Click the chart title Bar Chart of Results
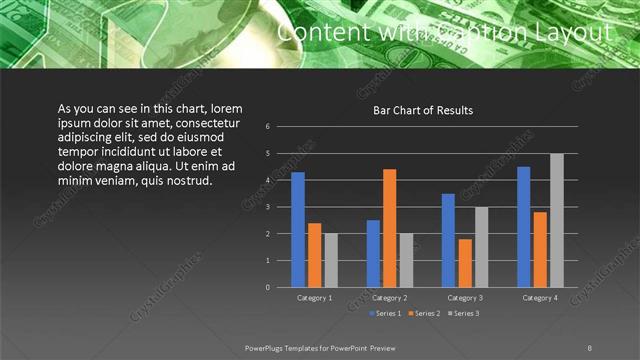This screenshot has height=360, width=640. tap(422, 110)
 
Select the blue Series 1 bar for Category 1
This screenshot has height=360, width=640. tap(298, 229)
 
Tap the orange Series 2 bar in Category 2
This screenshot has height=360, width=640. tap(389, 228)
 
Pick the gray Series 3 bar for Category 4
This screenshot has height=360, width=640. tap(557, 220)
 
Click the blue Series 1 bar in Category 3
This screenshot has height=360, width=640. tap(448, 240)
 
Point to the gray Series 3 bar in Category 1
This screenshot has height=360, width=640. tap(331, 260)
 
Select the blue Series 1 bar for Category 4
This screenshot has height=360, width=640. tap(524, 226)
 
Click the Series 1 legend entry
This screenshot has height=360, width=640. tap(387, 314)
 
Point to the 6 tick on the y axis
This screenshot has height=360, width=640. tap(268, 127)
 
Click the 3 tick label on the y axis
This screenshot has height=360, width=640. tap(268, 207)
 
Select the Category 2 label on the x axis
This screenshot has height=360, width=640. tap(389, 298)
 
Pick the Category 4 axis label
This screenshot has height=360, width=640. tap(540, 298)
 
